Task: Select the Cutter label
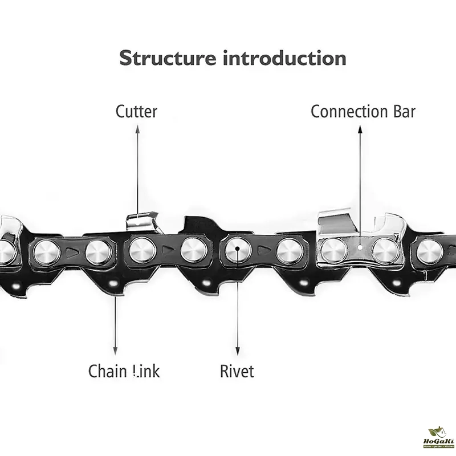tap(136, 111)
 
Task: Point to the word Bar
tap(402, 111)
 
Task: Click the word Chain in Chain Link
tap(107, 372)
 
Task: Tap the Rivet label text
tap(237, 372)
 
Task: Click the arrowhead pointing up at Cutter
tap(137, 131)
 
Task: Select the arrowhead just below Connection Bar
tap(360, 131)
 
